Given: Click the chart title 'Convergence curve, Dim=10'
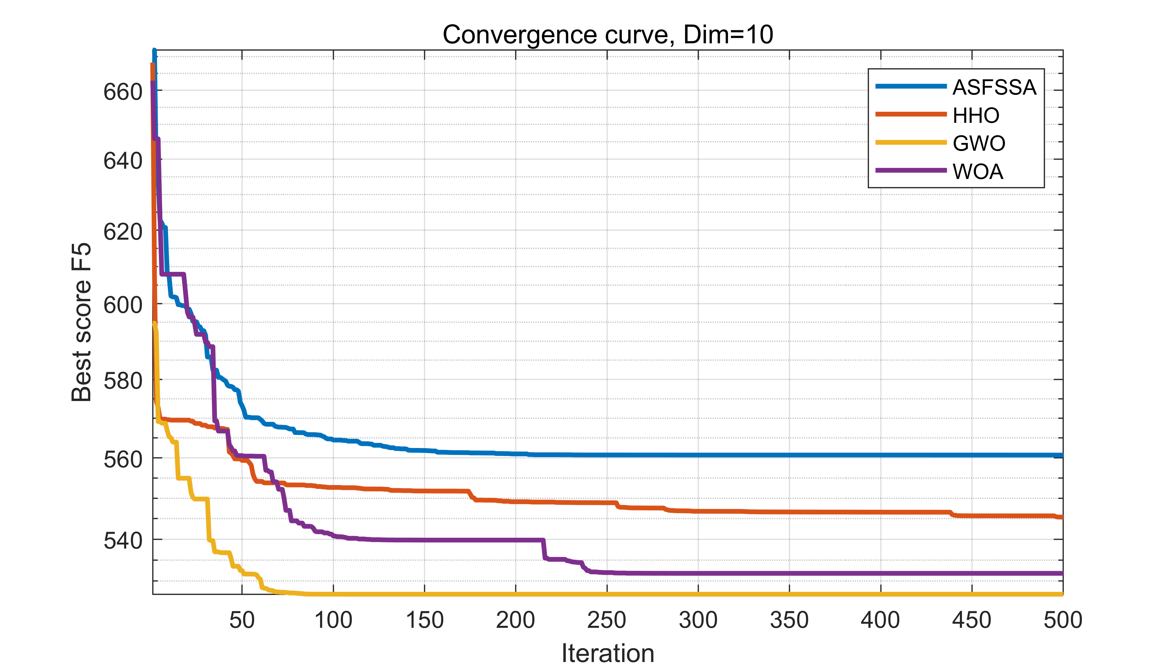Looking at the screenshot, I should [608, 34].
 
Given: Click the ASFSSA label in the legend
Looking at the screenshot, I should [994, 87].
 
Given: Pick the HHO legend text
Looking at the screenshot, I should [976, 115].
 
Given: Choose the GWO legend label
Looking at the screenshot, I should [979, 143].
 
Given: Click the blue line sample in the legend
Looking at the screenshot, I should [910, 86].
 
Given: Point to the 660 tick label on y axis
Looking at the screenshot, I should [123, 92].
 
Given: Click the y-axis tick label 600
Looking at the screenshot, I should [123, 305].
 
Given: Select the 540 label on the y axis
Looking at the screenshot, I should [123, 540].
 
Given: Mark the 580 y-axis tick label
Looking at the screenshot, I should [123, 381].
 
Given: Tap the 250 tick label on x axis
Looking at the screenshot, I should [606, 620].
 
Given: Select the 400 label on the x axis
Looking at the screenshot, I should [880, 620].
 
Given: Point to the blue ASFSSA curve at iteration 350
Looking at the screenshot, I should [789, 455].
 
